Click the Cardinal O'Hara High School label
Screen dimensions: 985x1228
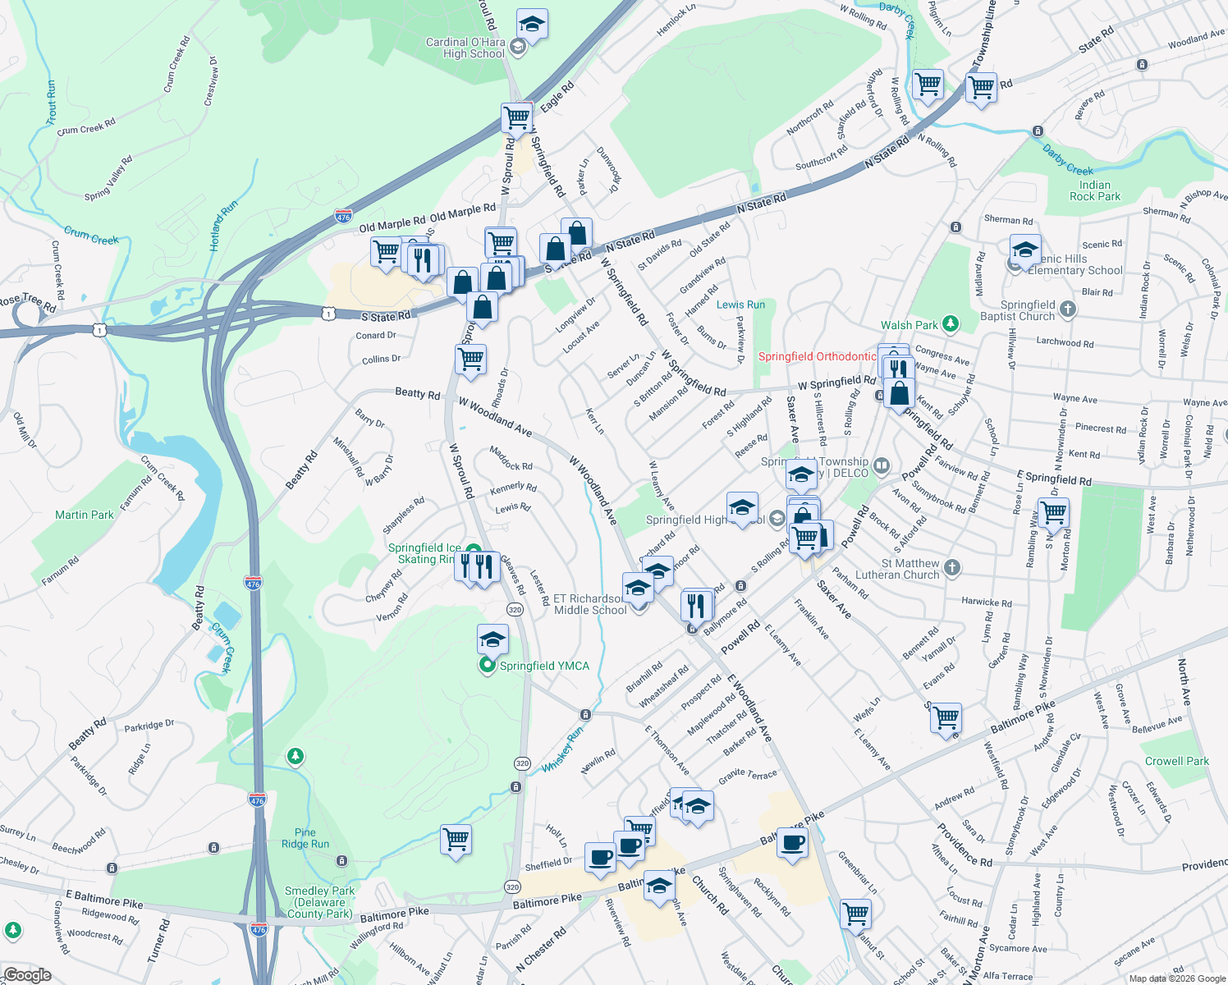pos(465,48)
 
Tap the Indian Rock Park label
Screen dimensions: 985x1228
pos(1094,190)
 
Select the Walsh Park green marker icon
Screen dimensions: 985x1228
pos(950,324)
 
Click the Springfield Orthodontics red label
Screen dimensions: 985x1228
pos(817,356)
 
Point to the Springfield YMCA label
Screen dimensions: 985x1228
pos(544,666)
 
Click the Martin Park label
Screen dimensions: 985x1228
pos(85,515)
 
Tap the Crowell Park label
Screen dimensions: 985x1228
pos(1176,761)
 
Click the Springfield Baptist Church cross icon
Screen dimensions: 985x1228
pos(1067,309)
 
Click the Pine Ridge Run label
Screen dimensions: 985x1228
pos(305,838)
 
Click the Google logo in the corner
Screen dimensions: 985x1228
pos(27,975)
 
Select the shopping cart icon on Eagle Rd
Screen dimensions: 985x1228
pos(516,117)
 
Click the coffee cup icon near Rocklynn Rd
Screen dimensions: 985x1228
pos(792,843)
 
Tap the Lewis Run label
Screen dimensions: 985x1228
pos(740,305)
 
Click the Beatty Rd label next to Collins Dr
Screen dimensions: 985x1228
pos(417,393)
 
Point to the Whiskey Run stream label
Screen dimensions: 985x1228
pos(562,749)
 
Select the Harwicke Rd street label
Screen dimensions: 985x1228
pos(986,602)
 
